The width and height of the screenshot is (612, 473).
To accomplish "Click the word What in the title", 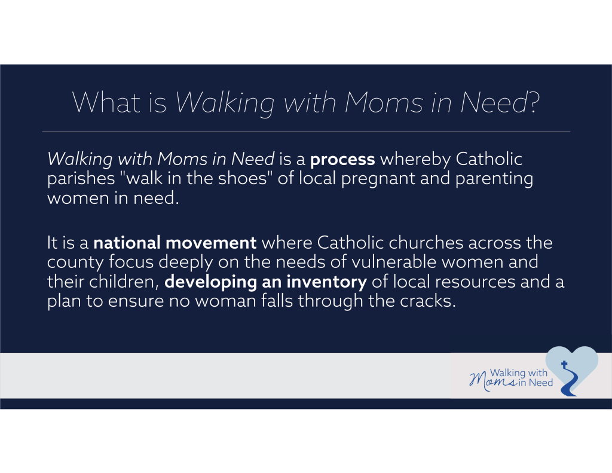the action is tap(106, 102).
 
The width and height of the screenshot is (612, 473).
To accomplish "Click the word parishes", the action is tap(81, 179).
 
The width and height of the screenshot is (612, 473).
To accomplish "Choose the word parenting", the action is tap(494, 179).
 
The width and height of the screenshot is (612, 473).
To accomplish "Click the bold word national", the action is tap(127, 243).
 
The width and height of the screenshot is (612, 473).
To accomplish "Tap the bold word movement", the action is tap(211, 243).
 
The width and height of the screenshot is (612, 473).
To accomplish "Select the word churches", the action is tap(426, 243).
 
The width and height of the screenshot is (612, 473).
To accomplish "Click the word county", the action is tap(75, 263).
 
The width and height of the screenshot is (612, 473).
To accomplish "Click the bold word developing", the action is tap(211, 282).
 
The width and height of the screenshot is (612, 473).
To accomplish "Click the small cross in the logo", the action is tap(564, 364).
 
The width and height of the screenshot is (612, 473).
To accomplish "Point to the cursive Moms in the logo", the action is tap(493, 380).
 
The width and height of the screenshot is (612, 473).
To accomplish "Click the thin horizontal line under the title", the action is tap(306, 132).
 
